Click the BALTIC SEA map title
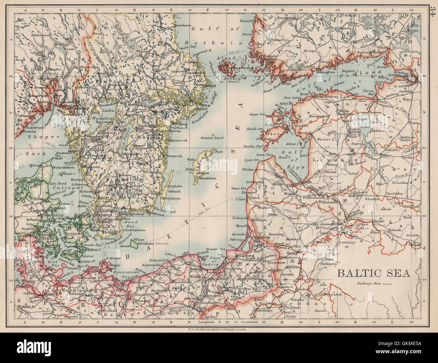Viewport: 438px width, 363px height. [x=374, y=273]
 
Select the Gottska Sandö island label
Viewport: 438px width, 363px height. [x=211, y=138]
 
